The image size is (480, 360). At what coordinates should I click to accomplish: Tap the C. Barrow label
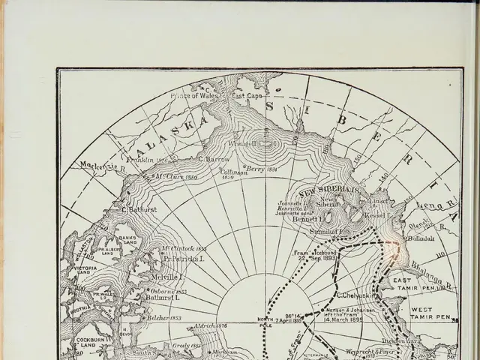coord(214,159)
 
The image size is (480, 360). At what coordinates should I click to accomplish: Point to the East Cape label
coord(247,96)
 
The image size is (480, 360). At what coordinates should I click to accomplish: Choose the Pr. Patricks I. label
coord(184,258)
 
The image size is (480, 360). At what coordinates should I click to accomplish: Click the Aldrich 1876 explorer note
coord(210,325)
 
